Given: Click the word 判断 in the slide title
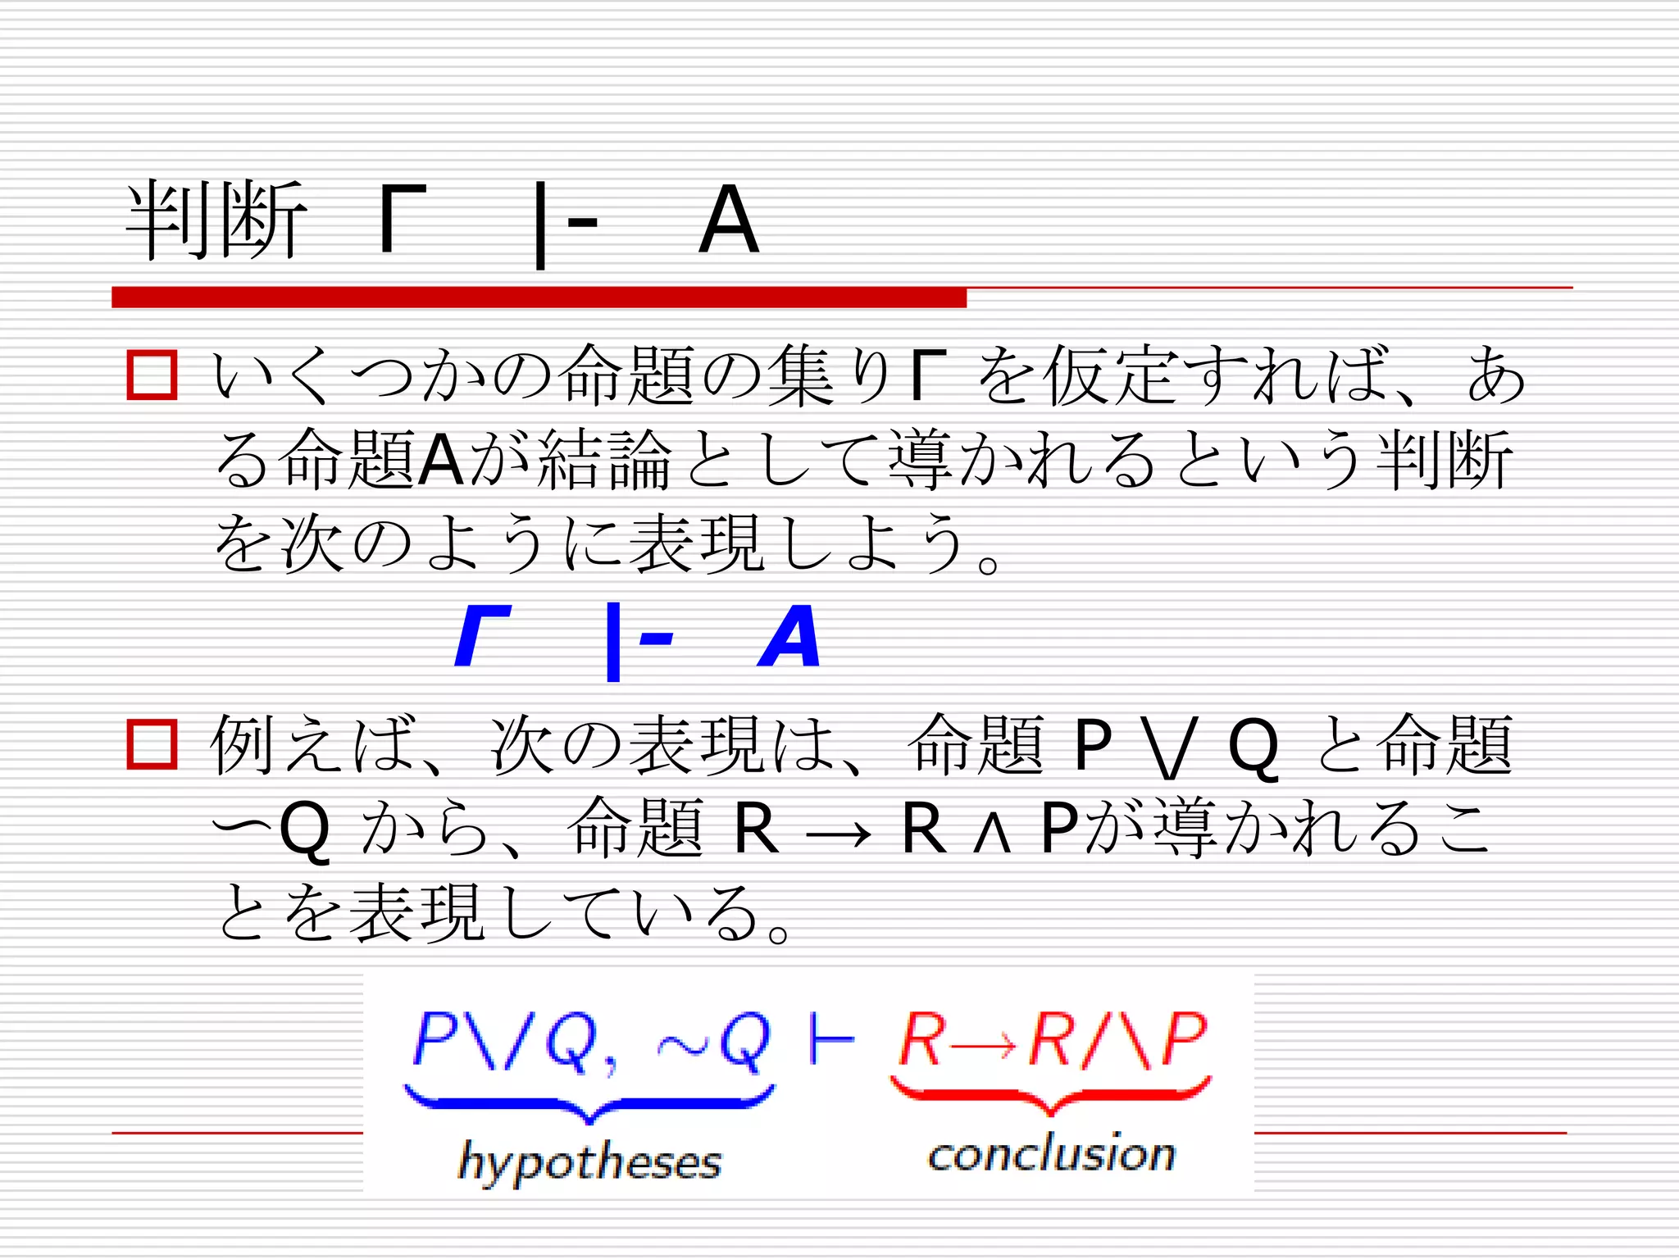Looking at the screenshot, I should click(x=216, y=220).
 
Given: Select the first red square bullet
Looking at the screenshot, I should click(x=152, y=375).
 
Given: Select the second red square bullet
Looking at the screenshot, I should click(x=152, y=744).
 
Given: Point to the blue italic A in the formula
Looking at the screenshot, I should click(x=789, y=637).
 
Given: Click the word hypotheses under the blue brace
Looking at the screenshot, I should click(x=589, y=1161).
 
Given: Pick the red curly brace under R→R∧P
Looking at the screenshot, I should click(x=1050, y=1096).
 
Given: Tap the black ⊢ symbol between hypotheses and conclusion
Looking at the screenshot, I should click(x=830, y=1040).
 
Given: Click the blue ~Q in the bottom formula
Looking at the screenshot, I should click(x=713, y=1042).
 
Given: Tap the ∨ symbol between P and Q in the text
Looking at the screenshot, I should click(x=1168, y=747).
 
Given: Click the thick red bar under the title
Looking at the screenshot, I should click(x=539, y=298).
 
